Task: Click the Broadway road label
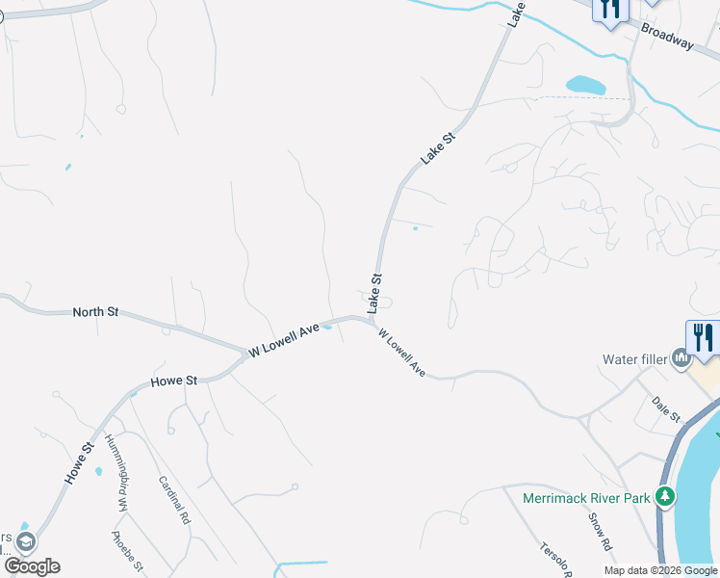(667, 38)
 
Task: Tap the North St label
(95, 312)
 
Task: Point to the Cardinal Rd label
(174, 499)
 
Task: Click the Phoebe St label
(127, 550)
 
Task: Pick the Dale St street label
(665, 408)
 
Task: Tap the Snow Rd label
(601, 529)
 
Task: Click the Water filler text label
(633, 360)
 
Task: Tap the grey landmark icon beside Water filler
(682, 360)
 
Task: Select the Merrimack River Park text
(586, 498)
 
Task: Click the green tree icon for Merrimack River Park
(664, 496)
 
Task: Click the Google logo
(31, 566)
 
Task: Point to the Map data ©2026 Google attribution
(661, 570)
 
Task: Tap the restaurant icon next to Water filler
(704, 337)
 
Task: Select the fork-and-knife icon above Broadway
(610, 10)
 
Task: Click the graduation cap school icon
(25, 541)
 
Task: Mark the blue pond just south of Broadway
(585, 85)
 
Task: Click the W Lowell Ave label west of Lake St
(284, 341)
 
